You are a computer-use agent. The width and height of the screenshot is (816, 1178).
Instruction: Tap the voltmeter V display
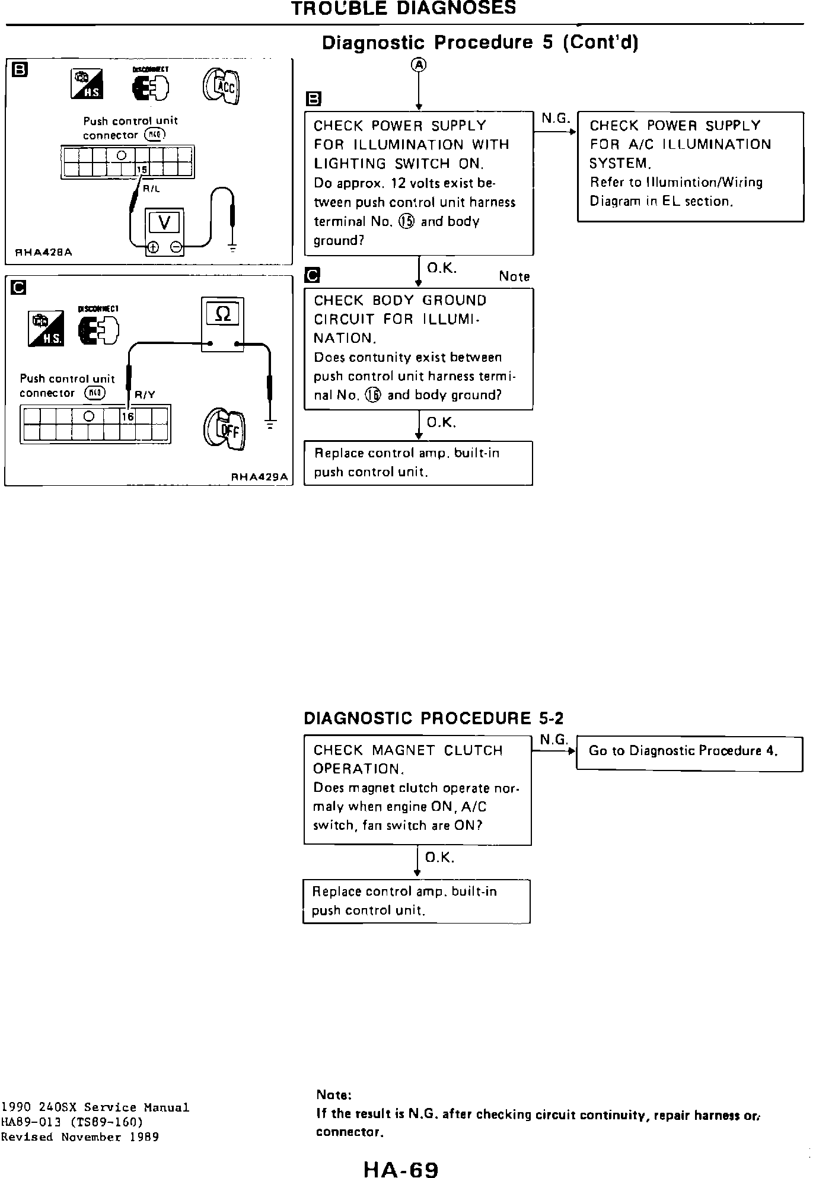coord(164,223)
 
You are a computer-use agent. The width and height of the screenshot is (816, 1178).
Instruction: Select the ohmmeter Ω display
coord(222,314)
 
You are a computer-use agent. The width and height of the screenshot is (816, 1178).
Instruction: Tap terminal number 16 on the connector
coord(128,416)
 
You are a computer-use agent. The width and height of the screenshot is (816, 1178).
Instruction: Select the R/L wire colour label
coord(152,189)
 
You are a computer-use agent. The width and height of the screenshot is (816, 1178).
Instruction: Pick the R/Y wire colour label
coord(145,394)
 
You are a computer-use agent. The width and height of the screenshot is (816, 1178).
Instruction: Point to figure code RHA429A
coord(259,476)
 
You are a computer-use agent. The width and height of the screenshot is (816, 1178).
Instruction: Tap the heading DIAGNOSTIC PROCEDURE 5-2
coord(434,718)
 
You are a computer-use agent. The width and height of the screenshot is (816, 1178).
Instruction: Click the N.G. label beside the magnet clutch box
coord(554,740)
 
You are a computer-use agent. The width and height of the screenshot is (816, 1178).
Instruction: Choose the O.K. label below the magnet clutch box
coord(439,857)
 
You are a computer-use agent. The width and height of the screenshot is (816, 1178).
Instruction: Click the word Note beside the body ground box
coord(514,276)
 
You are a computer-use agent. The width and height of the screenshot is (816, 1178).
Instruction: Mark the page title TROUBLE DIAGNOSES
coord(403,8)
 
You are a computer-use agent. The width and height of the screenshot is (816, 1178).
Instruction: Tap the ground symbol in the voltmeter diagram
coord(232,250)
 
